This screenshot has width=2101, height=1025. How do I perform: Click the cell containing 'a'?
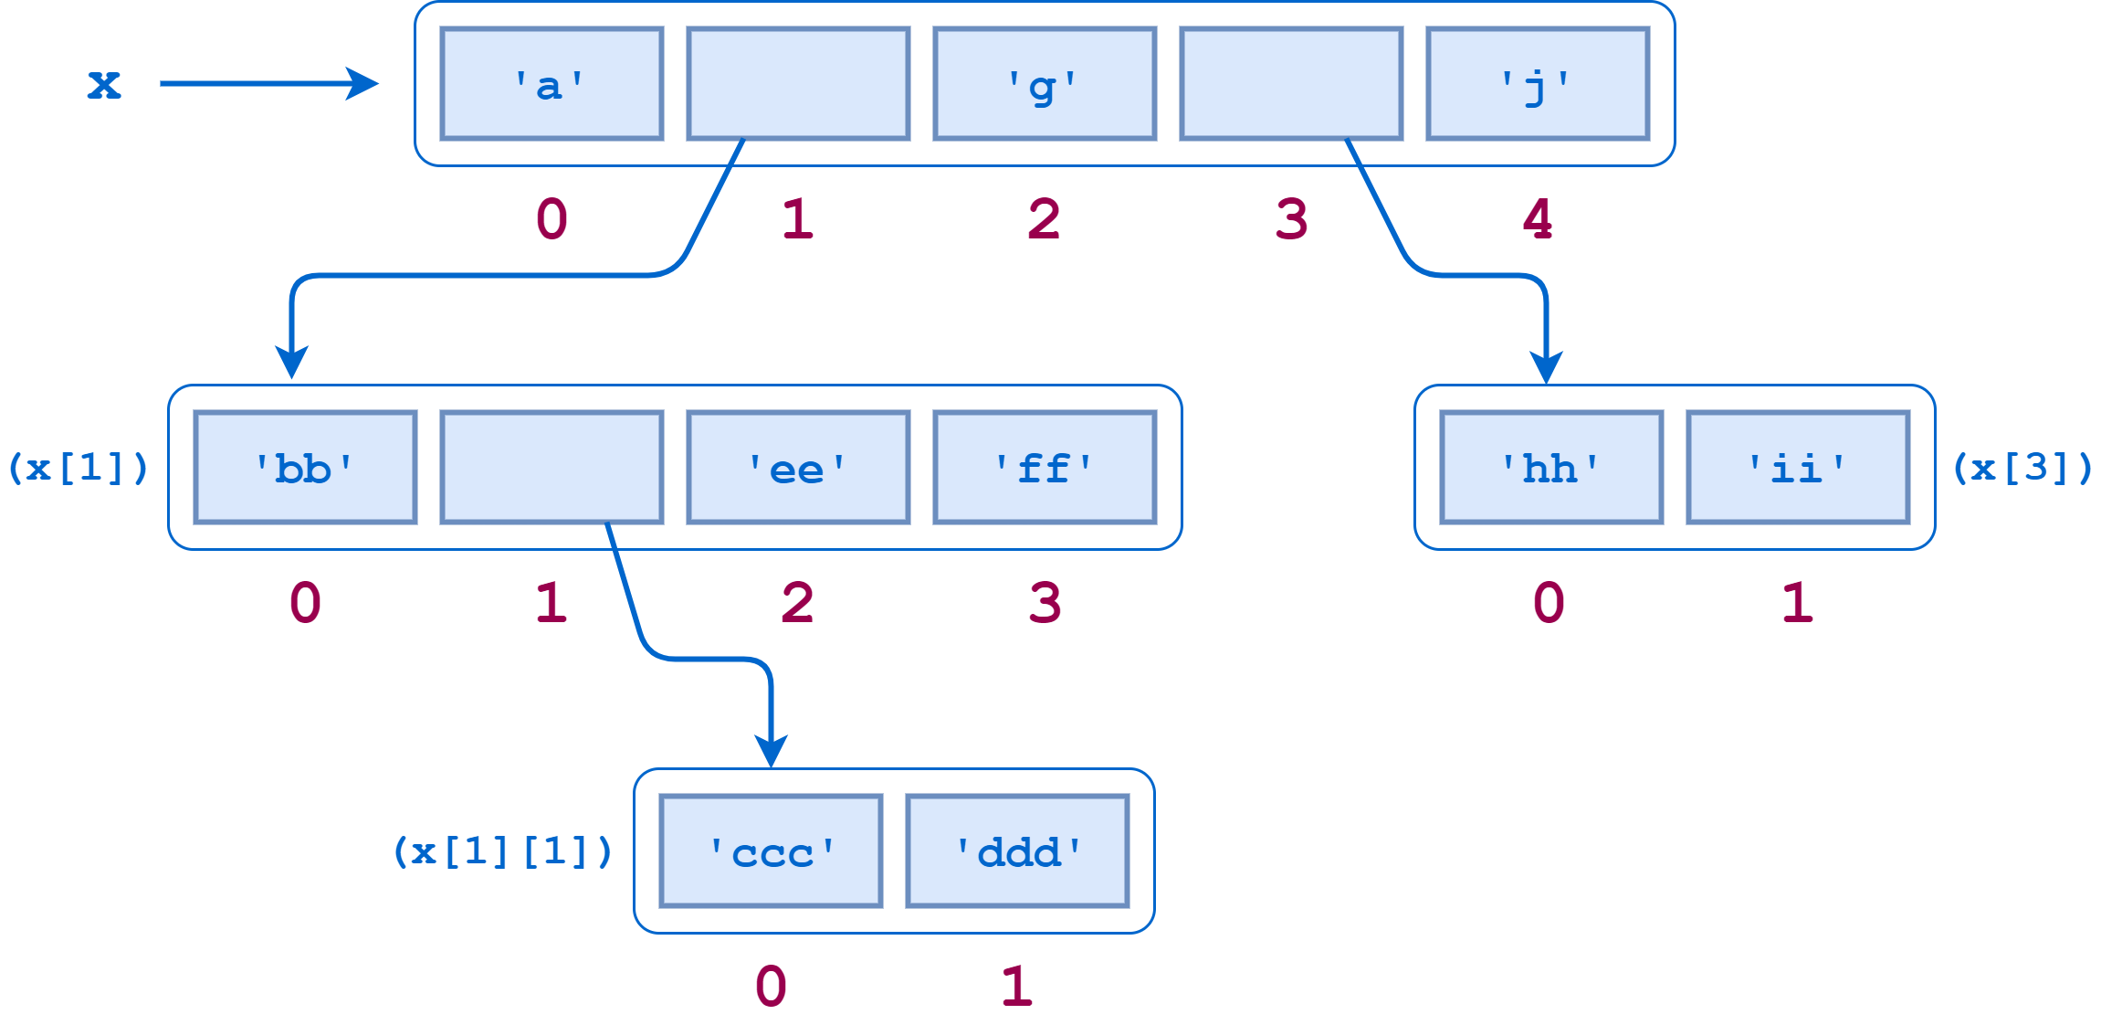click(552, 84)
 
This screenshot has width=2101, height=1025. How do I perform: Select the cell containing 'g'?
click(1045, 84)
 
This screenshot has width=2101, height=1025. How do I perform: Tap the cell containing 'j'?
click(1538, 84)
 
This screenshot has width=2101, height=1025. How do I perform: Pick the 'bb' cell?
click(305, 468)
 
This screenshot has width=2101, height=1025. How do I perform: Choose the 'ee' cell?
click(798, 468)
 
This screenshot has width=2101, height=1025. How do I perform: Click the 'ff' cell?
click(1045, 468)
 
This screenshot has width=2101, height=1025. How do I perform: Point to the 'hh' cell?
click(1551, 468)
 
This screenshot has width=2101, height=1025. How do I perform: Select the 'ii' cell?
click(1798, 468)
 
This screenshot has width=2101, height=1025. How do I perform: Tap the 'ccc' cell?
click(772, 851)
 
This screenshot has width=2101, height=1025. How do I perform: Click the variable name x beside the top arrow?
click(103, 85)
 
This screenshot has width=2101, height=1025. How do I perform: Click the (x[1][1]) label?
click(502, 851)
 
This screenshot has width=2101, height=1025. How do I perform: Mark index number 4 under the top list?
click(1538, 219)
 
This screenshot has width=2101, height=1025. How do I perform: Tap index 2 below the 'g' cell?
click(1045, 219)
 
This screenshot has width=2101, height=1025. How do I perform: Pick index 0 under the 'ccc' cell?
click(772, 987)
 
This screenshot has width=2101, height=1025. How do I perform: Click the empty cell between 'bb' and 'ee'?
click(552, 468)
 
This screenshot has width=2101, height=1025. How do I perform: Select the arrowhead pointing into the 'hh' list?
click(1546, 368)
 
